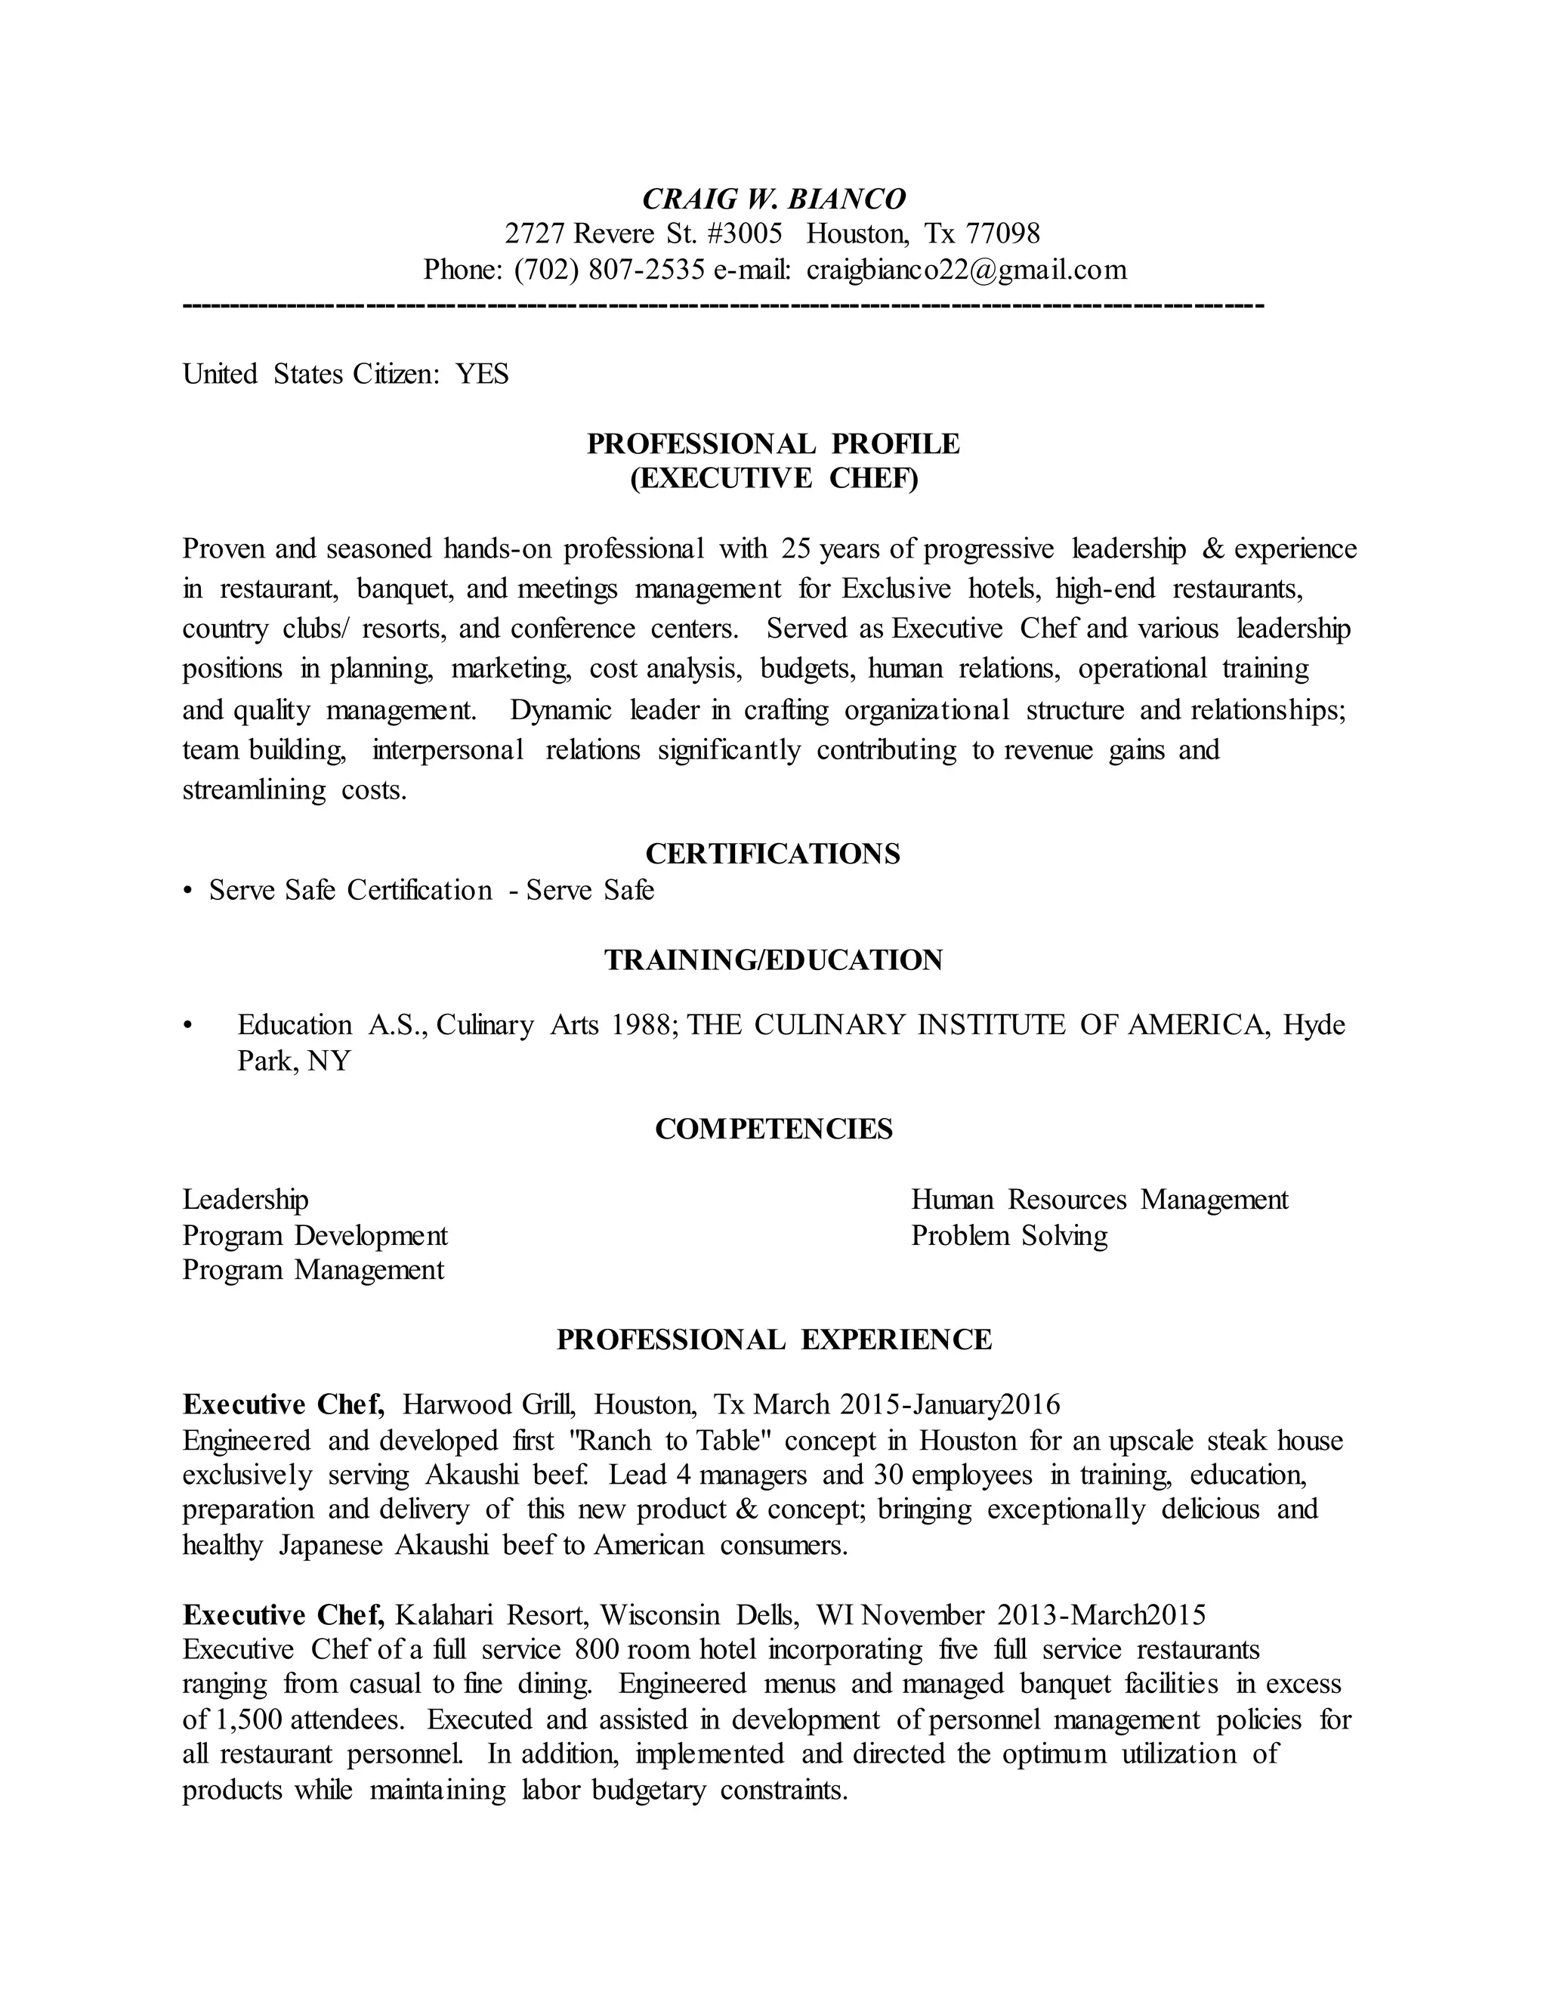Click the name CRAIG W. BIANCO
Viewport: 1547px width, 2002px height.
click(x=773, y=199)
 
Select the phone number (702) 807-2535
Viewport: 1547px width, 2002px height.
click(x=610, y=270)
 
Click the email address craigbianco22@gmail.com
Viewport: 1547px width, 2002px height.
click(x=967, y=270)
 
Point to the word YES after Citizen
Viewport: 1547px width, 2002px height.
click(x=482, y=374)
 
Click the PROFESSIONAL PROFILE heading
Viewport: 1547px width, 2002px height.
click(x=773, y=443)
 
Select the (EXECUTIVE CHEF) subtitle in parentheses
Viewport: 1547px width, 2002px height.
click(x=773, y=478)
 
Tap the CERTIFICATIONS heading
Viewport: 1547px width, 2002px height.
click(x=773, y=854)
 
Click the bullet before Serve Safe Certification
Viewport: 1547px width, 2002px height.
click(x=188, y=891)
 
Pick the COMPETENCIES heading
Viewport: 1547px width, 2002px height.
click(x=773, y=1129)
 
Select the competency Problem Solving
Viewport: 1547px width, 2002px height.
click(x=1009, y=1236)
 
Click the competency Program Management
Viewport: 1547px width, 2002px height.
click(x=313, y=1271)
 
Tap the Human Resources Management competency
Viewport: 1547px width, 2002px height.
click(x=1099, y=1200)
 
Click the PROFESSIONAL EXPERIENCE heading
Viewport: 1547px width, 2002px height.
click(x=773, y=1339)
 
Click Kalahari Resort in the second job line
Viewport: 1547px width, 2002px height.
click(x=493, y=1614)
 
